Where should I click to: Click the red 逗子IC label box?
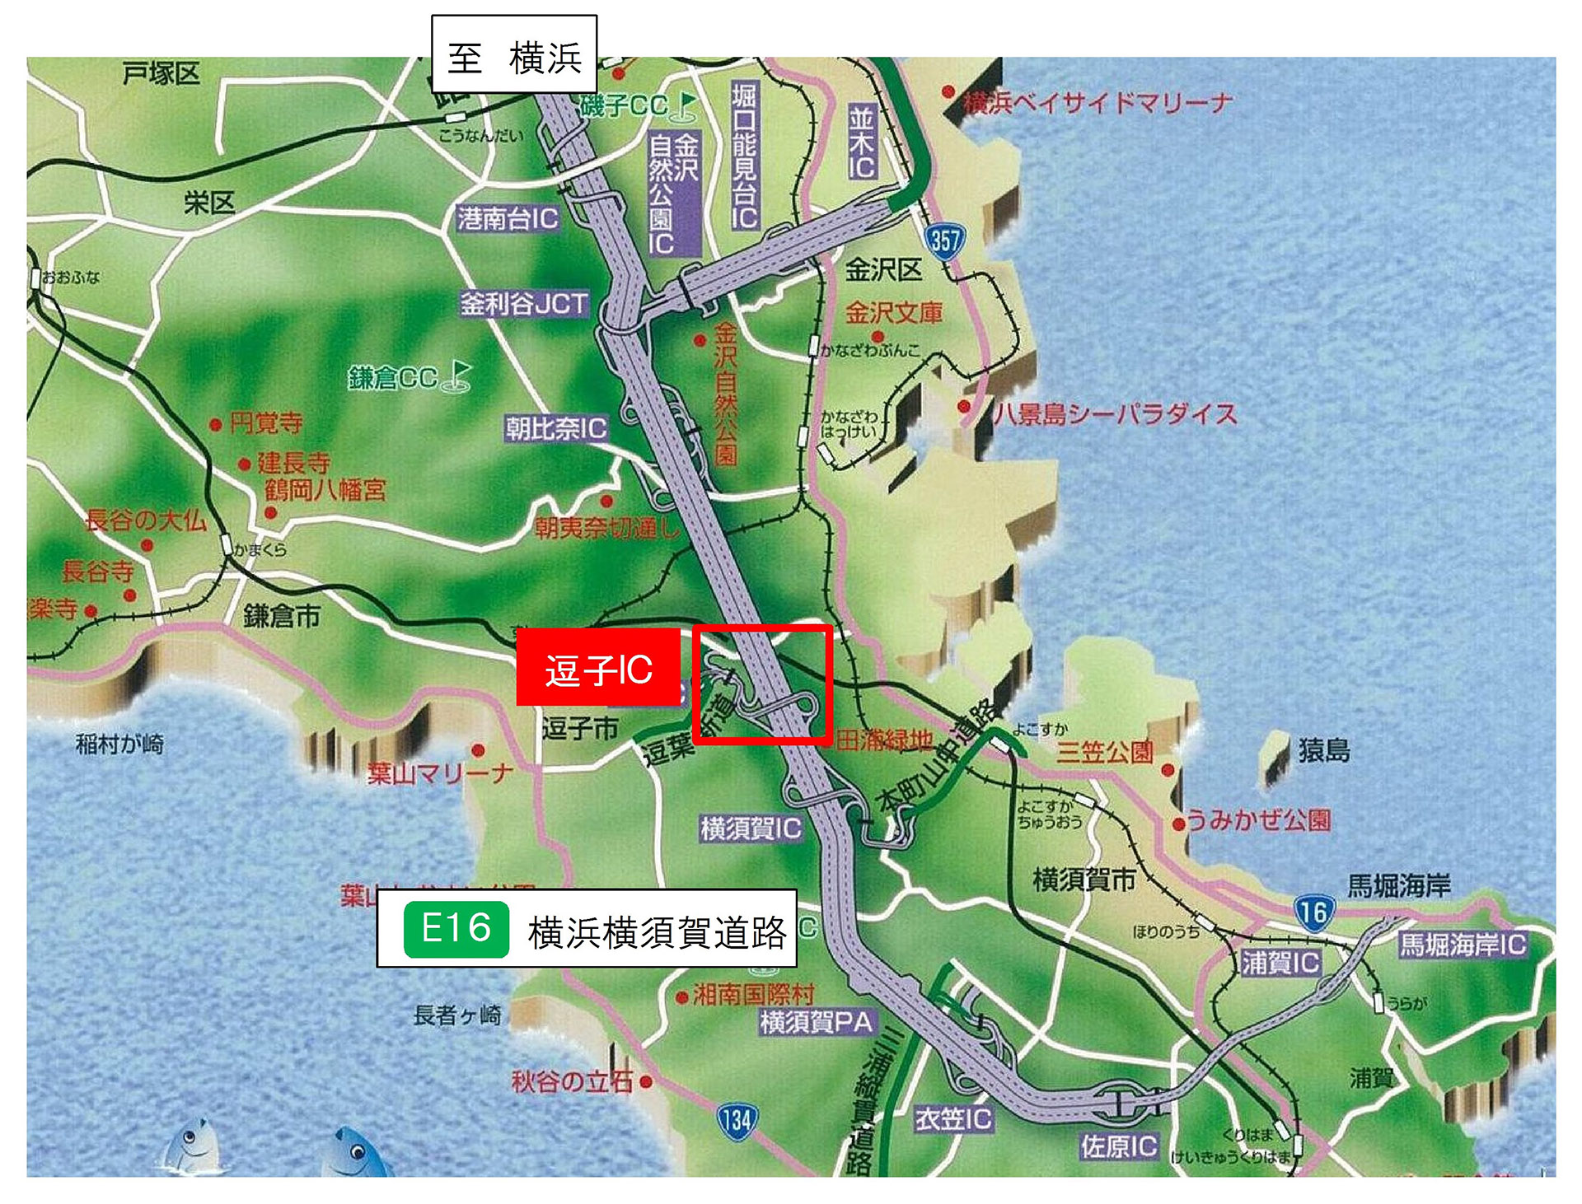[598, 668]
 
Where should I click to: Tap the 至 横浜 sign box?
[514, 56]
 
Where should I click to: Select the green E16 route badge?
[456, 930]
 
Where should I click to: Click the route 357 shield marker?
[944, 240]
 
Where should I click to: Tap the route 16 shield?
[1313, 912]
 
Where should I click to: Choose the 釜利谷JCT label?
[524, 304]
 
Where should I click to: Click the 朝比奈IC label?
[556, 428]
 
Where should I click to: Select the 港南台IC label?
[508, 218]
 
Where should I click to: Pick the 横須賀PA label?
[817, 1022]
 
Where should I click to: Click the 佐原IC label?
[1119, 1146]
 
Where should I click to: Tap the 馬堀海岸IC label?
[1463, 944]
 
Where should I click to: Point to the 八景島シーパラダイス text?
[1115, 413]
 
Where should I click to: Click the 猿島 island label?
[1324, 750]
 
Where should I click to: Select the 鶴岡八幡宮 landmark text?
[325, 490]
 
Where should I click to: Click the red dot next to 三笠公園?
[1167, 770]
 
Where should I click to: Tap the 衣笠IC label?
[953, 1118]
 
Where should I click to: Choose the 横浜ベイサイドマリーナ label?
[1098, 103]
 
